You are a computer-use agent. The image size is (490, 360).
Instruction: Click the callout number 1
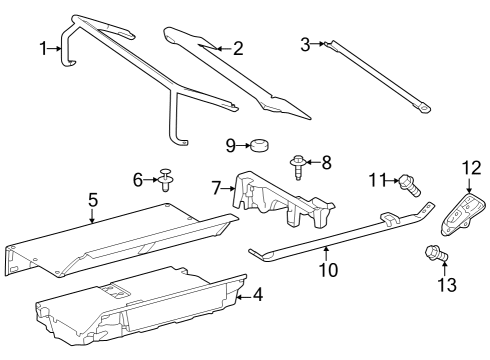point(42,47)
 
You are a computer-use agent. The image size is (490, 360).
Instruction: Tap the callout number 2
point(238,46)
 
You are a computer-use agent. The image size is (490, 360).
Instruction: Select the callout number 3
point(305,42)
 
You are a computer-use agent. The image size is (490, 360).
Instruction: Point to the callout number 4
point(257,295)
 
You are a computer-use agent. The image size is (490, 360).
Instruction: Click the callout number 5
point(92,199)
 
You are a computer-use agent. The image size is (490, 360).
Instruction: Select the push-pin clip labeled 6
point(166,180)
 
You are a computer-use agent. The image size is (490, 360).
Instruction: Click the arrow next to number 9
point(245,146)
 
